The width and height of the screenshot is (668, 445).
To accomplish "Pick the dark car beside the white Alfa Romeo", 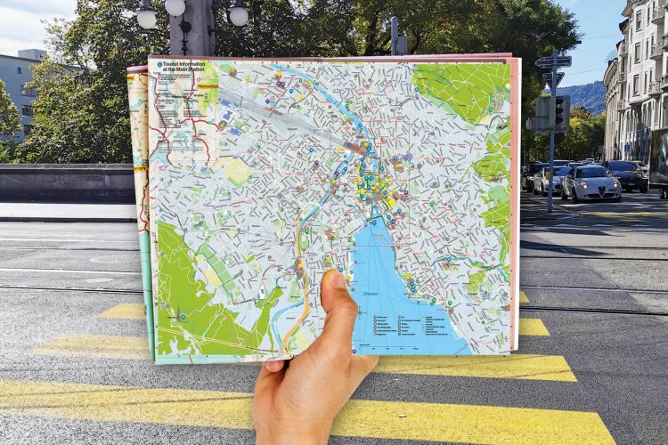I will point(628,176).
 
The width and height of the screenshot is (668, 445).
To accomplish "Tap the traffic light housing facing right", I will point(561,111).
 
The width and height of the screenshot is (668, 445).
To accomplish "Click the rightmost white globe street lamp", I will point(239,15).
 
